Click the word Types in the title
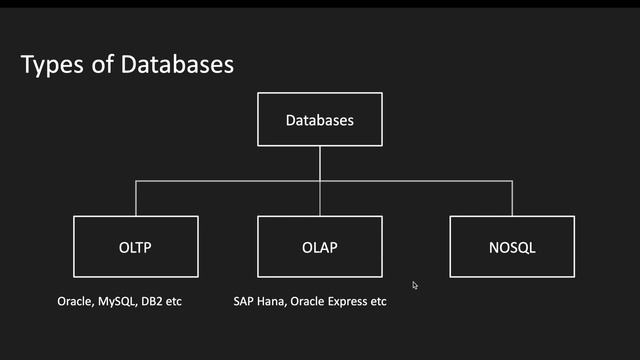click(x=51, y=66)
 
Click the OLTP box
click(x=135, y=246)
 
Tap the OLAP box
click(x=319, y=246)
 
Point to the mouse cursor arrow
click(x=415, y=285)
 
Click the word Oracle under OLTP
click(x=76, y=301)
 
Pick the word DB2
click(x=157, y=301)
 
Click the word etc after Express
click(x=378, y=301)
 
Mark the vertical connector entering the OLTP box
click(x=135, y=198)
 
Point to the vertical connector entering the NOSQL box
click(x=511, y=198)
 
